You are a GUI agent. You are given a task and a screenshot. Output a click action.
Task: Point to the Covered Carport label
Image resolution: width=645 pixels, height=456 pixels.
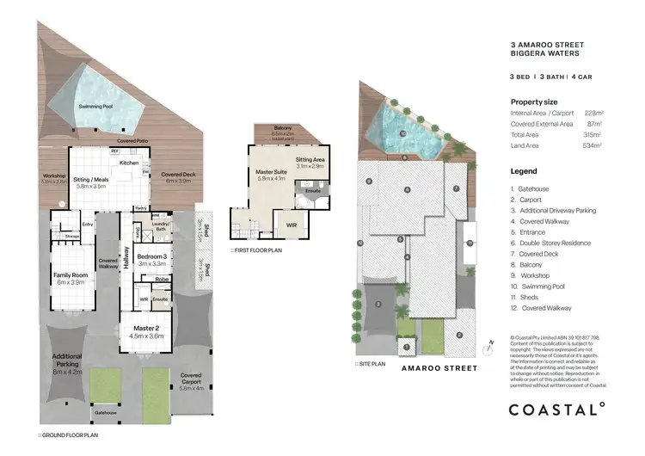(x=190, y=379)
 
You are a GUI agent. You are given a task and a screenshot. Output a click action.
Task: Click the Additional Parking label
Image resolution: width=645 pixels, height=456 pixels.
(x=67, y=360)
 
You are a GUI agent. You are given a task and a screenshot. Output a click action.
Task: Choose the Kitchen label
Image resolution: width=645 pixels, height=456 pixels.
(x=129, y=162)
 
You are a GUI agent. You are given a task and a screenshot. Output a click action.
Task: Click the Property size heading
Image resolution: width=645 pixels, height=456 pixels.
(x=533, y=101)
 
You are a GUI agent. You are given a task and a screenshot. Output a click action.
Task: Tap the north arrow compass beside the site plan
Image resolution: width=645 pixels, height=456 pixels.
(x=488, y=345)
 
